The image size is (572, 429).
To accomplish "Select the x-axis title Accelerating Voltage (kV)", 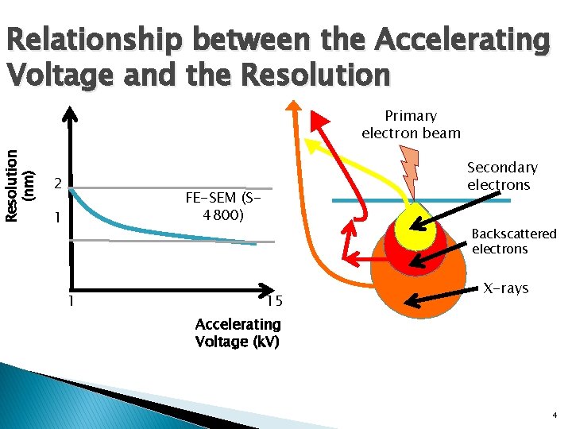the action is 238,333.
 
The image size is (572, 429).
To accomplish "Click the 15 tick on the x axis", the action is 274,300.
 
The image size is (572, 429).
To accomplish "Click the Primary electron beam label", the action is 411,124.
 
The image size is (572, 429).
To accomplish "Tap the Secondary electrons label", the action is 502,176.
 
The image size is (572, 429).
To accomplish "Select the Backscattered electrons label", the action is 514,242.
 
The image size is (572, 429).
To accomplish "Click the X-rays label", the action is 506,288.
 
